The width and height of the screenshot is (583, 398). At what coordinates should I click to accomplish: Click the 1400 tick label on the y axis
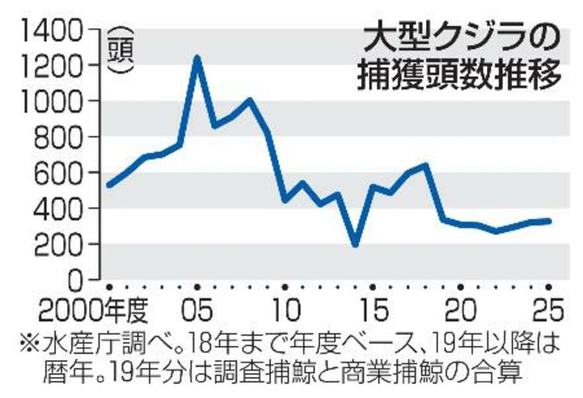[54, 30]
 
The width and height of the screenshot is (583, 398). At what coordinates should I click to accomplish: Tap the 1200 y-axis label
[54, 66]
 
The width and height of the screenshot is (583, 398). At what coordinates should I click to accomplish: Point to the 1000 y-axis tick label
[54, 101]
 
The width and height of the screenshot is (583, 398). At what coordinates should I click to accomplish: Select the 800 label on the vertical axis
[64, 137]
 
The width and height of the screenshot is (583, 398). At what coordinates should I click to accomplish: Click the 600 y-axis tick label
[64, 173]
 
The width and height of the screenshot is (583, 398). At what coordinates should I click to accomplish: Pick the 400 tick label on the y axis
[64, 209]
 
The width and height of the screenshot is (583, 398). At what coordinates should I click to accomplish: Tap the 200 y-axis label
[64, 245]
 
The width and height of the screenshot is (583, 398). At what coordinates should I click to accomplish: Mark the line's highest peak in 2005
[196, 58]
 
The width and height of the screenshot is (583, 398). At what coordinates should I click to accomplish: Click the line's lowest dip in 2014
[356, 244]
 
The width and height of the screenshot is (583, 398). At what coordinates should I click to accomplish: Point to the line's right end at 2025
[549, 221]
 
